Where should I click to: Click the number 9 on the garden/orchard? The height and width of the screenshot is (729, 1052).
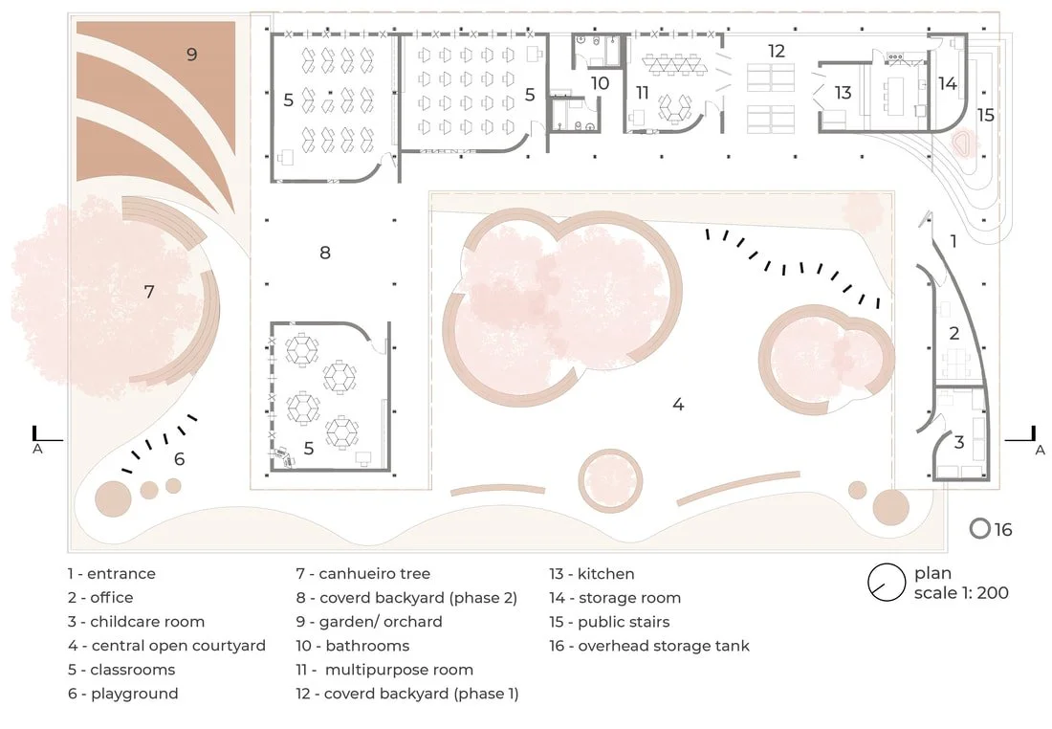pos(191,55)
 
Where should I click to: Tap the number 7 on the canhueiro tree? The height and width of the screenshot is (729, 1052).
pos(149,291)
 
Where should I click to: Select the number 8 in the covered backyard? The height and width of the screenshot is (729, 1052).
pos(325,253)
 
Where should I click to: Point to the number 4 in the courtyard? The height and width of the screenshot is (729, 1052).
pos(677,405)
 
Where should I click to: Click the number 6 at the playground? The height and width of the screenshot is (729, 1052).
pos(179,459)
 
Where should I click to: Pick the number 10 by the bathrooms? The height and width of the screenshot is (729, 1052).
pos(600,83)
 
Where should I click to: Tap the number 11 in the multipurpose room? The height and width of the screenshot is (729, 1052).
pos(642,93)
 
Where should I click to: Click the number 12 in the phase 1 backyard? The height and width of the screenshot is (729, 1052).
pos(776,51)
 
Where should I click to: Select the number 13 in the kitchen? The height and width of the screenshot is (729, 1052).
pos(843,93)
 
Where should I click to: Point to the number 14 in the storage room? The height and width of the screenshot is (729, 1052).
pos(947,84)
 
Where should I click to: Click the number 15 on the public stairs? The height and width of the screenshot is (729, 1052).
pos(985,115)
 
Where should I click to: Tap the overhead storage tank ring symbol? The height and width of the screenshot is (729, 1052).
pos(978,527)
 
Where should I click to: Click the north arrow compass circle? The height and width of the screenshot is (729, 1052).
pos(886,580)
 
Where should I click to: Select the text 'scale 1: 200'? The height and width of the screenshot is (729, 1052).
pos(961,593)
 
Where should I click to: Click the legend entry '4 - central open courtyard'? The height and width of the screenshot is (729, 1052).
pos(166,646)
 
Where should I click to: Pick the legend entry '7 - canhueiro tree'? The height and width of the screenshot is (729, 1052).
pos(362,574)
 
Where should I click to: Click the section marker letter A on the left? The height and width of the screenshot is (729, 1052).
pos(37,448)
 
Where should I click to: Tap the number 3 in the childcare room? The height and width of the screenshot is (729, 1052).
pos(959,443)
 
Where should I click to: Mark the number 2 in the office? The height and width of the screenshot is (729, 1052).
pos(953,334)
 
